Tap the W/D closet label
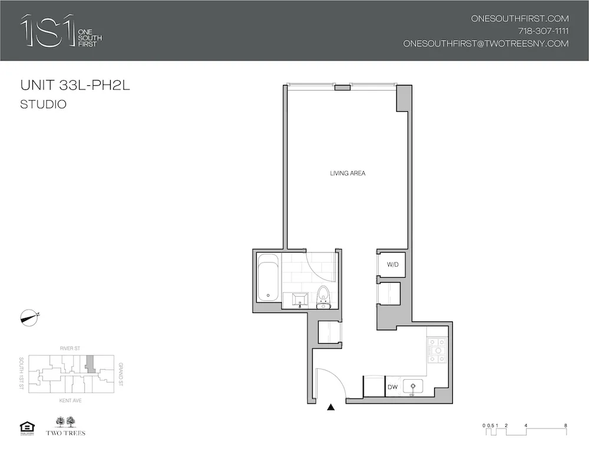tap(393, 265)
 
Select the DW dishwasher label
tap(393, 387)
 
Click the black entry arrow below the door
tap(331, 407)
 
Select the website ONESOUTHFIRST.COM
tap(519, 19)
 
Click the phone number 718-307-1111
tap(542, 31)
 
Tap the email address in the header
tap(485, 44)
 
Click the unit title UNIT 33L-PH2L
tap(75, 86)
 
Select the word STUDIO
tap(43, 105)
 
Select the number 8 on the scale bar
tap(565, 424)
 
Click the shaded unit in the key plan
tap(90, 363)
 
